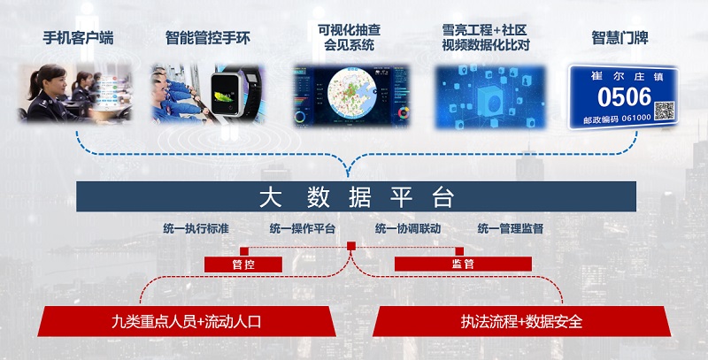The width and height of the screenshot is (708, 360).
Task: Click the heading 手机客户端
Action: tap(78, 38)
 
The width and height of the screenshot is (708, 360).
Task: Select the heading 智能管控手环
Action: tap(208, 38)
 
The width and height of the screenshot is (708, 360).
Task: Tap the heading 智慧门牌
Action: tap(620, 38)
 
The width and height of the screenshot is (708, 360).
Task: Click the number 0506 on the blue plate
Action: tap(625, 97)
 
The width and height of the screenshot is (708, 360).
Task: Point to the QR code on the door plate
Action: tap(665, 111)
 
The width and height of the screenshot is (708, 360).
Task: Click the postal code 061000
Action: tap(636, 118)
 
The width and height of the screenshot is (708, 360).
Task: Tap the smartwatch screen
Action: tap(226, 93)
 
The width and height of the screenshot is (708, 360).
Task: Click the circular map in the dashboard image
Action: tap(351, 92)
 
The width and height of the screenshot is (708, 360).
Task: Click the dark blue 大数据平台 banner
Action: tap(356, 196)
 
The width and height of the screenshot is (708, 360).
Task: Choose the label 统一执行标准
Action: tap(196, 228)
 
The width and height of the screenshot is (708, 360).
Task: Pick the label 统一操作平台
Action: tap(303, 228)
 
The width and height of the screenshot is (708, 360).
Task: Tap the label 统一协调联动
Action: tap(408, 228)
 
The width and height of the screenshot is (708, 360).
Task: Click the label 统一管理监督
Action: tap(511, 228)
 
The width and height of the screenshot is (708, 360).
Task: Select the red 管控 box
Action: tap(243, 264)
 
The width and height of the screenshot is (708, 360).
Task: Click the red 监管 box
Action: tap(463, 264)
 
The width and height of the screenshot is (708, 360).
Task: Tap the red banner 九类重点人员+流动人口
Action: tap(187, 321)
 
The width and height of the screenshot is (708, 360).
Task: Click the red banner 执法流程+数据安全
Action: tap(521, 321)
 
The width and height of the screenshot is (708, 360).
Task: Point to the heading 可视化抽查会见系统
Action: tap(349, 37)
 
